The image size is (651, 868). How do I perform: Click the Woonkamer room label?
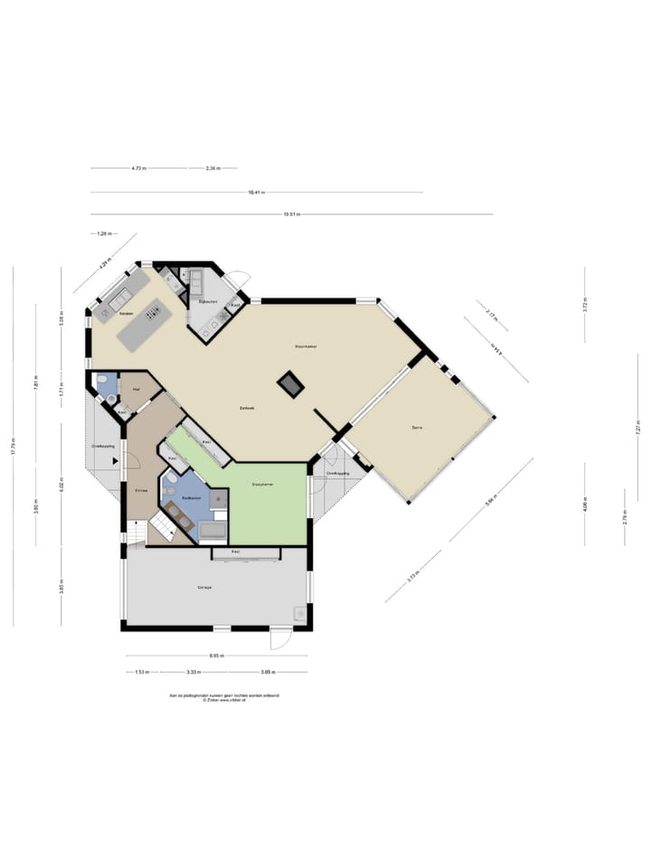click(x=305, y=346)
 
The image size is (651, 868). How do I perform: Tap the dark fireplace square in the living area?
click(x=290, y=384)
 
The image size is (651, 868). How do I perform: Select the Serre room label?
click(x=417, y=426)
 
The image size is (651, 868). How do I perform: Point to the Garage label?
click(x=204, y=588)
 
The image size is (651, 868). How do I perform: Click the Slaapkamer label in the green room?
click(x=263, y=486)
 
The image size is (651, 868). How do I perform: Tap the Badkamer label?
click(x=190, y=498)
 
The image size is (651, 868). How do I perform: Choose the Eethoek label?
click(x=247, y=408)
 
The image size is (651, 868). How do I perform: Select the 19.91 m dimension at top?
click(x=291, y=214)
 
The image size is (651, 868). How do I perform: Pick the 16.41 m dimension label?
click(x=257, y=192)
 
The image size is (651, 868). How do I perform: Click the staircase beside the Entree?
click(x=161, y=525)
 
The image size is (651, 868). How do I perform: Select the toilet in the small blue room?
click(x=102, y=380)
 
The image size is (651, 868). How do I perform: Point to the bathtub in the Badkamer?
click(x=215, y=530)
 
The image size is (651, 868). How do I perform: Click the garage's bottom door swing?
click(x=281, y=639)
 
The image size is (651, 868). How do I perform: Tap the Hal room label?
click(x=135, y=389)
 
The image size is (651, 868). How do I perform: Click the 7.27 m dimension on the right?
click(x=638, y=431)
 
